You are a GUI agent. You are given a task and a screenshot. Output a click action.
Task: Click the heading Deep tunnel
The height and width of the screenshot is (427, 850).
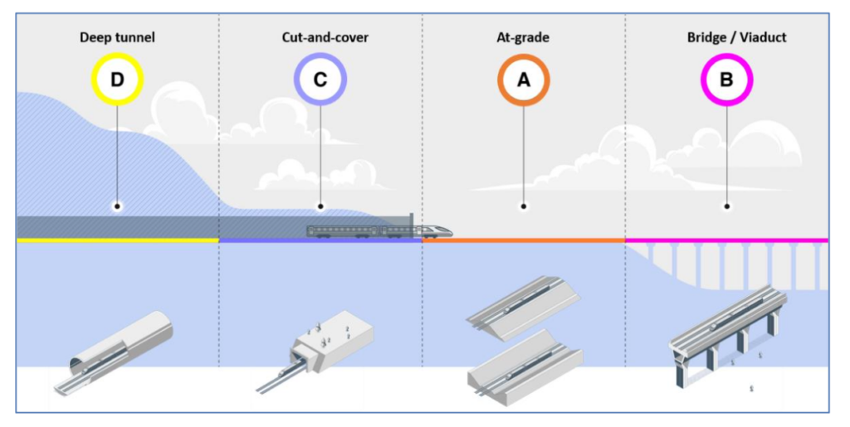pyautogui.click(x=117, y=37)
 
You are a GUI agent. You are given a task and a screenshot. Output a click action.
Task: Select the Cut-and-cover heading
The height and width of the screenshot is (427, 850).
pyautogui.click(x=320, y=37)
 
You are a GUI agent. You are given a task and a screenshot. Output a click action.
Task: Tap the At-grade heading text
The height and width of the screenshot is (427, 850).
pyautogui.click(x=523, y=37)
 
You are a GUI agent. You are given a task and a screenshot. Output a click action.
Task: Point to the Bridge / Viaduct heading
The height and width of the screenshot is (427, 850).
pyautogui.click(x=726, y=37)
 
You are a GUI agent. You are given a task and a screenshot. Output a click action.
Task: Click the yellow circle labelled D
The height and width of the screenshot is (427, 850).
pyautogui.click(x=117, y=80)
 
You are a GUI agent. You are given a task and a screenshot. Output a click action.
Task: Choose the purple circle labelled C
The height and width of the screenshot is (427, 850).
pyautogui.click(x=320, y=80)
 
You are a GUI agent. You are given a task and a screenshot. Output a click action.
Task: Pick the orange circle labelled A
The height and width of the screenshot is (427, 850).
pyautogui.click(x=523, y=80)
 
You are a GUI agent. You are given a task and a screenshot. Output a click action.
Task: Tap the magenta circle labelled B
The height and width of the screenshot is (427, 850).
pyautogui.click(x=726, y=80)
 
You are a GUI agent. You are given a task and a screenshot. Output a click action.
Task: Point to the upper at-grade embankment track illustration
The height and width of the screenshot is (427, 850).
pyautogui.click(x=524, y=306)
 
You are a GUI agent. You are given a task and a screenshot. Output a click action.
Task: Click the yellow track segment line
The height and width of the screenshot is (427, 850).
pyautogui.click(x=117, y=240)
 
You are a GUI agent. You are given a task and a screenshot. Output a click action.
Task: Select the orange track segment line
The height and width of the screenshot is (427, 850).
pyautogui.click(x=523, y=240)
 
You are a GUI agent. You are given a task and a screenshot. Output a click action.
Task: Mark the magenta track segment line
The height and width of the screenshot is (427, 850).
pyautogui.click(x=726, y=240)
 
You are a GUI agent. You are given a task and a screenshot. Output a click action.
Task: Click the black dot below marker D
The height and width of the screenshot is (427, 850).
pyautogui.click(x=117, y=206)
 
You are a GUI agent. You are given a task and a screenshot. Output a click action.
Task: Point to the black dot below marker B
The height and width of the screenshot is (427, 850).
pyautogui.click(x=726, y=206)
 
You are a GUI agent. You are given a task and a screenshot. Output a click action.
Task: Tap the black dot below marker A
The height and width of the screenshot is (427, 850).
pyautogui.click(x=523, y=206)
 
